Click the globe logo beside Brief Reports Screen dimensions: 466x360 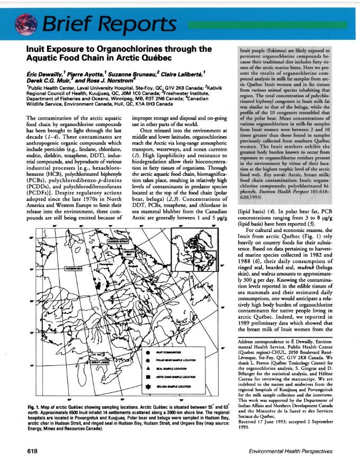(x=25, y=22)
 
